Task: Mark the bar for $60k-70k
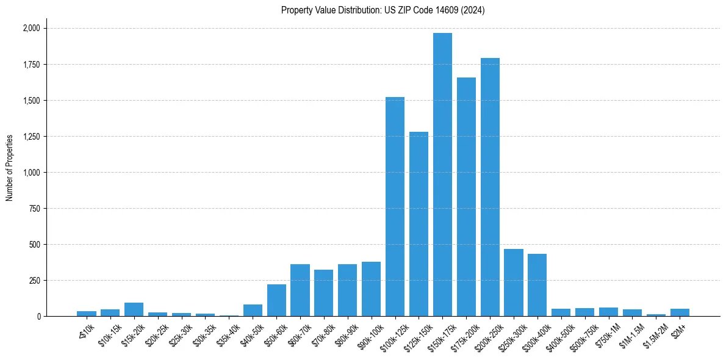(300, 290)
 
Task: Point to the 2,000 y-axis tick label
(31, 28)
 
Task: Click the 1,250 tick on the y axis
(31, 137)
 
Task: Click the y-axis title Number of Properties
(10, 168)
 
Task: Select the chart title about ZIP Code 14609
(383, 10)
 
